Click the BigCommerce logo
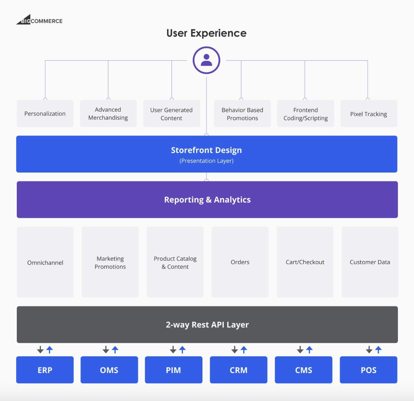40,20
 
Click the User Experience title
206,33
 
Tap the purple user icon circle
206,60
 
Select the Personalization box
45,114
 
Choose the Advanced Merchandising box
108,114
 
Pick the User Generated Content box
172,114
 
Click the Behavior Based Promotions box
242,114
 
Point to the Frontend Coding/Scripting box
306,114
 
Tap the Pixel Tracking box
369,114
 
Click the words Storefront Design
206,150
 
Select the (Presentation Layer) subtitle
206,161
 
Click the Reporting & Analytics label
207,200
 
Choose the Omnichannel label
45,262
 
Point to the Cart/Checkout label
305,262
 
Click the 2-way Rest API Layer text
207,325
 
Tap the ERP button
45,370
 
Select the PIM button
174,370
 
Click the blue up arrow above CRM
244,350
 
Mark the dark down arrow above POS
369,350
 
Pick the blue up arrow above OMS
115,350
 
